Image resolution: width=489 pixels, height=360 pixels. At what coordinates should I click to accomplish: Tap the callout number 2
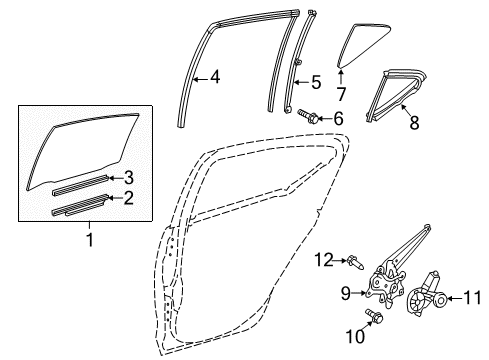pyautogui.click(x=127, y=199)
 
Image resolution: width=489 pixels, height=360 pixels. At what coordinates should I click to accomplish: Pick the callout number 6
pyautogui.click(x=337, y=118)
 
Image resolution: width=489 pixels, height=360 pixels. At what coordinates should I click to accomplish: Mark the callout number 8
pyautogui.click(x=409, y=124)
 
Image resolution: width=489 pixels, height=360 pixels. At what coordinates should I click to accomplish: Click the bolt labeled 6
pyautogui.click(x=309, y=117)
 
